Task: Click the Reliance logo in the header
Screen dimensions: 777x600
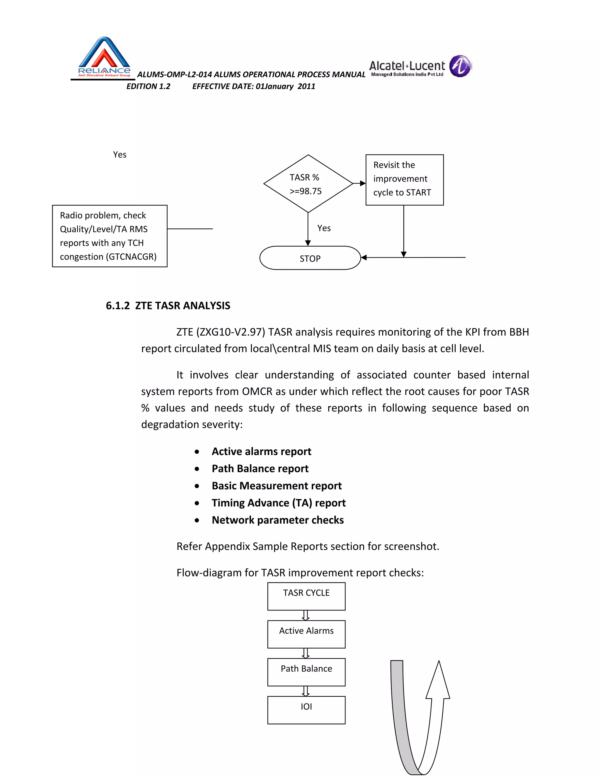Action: click(x=104, y=57)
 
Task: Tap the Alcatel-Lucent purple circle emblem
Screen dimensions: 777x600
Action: click(x=460, y=66)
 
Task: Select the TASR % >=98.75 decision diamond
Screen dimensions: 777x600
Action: click(x=308, y=184)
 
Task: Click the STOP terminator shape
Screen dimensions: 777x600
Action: click(x=310, y=258)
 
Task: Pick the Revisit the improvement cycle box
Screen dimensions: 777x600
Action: click(x=405, y=180)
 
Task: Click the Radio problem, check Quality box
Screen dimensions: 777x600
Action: click(x=110, y=236)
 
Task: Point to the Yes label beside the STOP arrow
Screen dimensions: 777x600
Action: click(x=324, y=228)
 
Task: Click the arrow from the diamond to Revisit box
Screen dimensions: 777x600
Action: click(x=359, y=184)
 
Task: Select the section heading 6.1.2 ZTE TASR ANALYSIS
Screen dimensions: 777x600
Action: click(x=168, y=306)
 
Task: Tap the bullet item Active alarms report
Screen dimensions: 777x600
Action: click(x=261, y=452)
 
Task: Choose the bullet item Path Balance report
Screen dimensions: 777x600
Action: click(x=260, y=469)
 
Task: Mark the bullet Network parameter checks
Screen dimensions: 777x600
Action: click(x=278, y=520)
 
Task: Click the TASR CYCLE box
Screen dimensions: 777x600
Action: click(x=306, y=596)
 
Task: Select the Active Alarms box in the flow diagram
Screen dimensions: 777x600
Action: click(x=306, y=634)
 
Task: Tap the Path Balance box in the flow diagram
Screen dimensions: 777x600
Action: click(x=306, y=672)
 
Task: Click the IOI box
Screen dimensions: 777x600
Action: click(x=306, y=710)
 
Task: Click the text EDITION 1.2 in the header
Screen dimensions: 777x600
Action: click(x=148, y=86)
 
